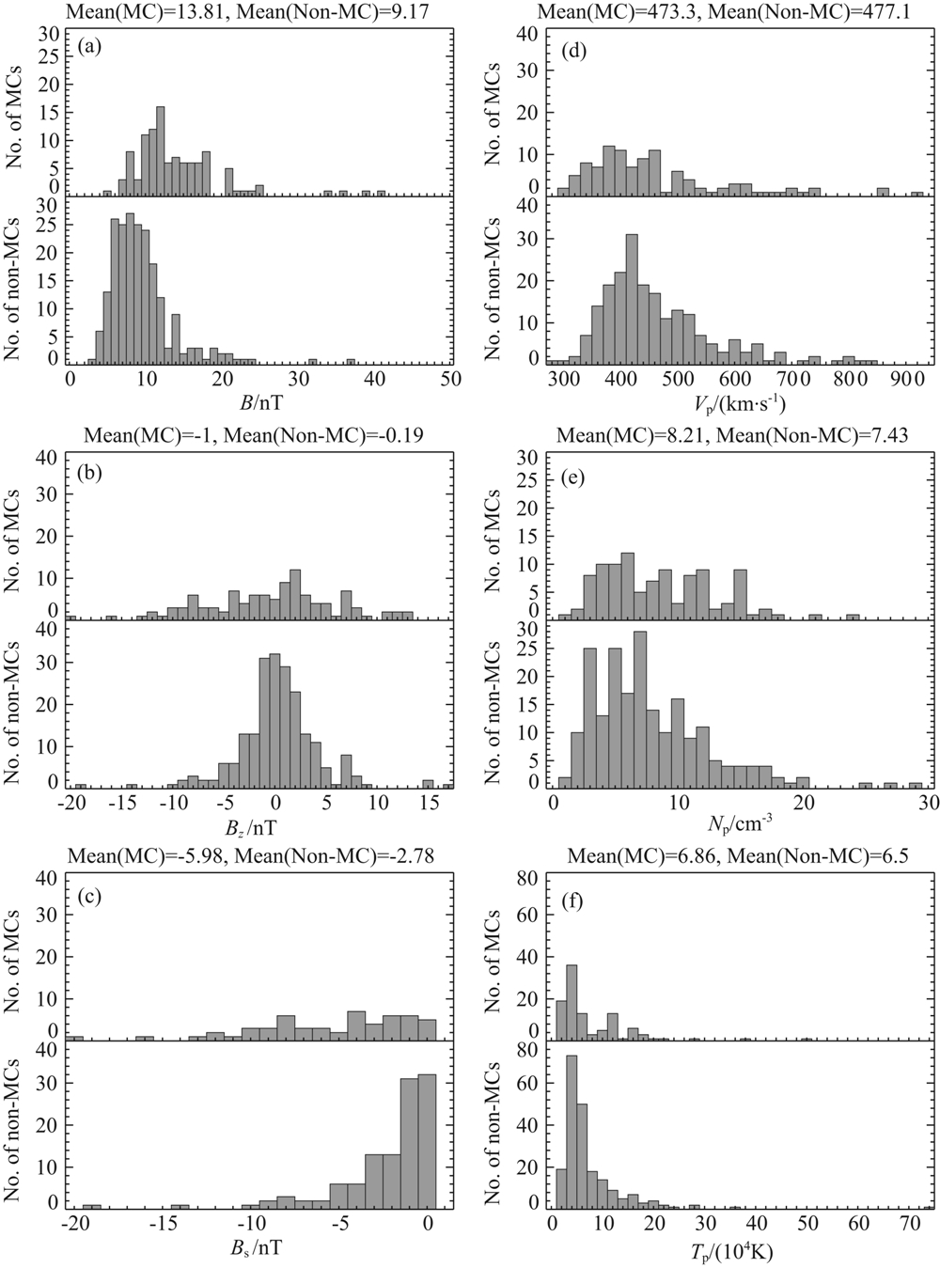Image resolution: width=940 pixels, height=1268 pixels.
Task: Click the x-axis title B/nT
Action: (x=259, y=401)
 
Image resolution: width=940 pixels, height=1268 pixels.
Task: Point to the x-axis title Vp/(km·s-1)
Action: (x=739, y=404)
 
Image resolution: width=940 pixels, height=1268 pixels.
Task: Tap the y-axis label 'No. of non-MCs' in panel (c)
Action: (x=20, y=1128)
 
